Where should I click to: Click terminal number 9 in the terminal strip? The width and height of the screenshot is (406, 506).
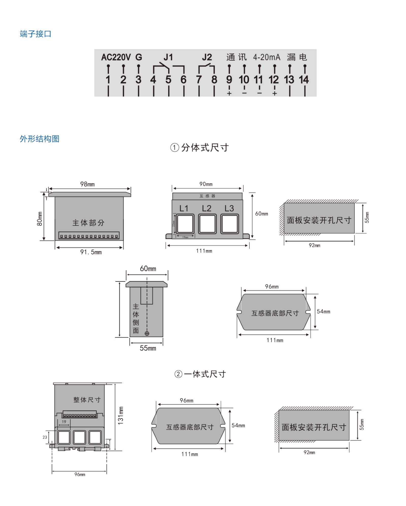click(229, 80)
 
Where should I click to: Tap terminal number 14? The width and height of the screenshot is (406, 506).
click(304, 80)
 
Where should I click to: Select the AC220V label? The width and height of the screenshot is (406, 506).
click(116, 57)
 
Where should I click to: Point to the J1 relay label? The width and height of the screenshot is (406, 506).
click(168, 57)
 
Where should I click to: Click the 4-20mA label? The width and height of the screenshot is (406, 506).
click(266, 57)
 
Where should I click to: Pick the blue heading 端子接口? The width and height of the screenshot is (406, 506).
click(36, 34)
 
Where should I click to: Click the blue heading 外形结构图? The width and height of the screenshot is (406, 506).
click(40, 139)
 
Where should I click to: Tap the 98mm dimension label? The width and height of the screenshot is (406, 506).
click(88, 184)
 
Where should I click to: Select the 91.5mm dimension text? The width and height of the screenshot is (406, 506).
click(91, 252)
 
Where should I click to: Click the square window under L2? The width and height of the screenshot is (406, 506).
click(207, 224)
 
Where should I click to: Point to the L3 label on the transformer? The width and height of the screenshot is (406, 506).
click(229, 209)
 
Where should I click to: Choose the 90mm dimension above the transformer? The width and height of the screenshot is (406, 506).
click(206, 184)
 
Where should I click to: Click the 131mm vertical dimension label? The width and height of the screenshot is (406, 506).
click(121, 416)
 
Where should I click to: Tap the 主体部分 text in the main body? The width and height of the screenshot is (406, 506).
click(88, 223)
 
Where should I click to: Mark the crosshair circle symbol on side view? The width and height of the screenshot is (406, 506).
click(147, 333)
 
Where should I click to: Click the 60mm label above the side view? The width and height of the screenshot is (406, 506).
click(148, 268)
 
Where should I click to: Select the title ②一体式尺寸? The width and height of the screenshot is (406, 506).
click(200, 374)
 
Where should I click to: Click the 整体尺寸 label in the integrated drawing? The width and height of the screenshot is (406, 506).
click(87, 400)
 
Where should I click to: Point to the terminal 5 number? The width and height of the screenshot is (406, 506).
click(168, 80)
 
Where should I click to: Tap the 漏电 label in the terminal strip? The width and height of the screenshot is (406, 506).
click(297, 57)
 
